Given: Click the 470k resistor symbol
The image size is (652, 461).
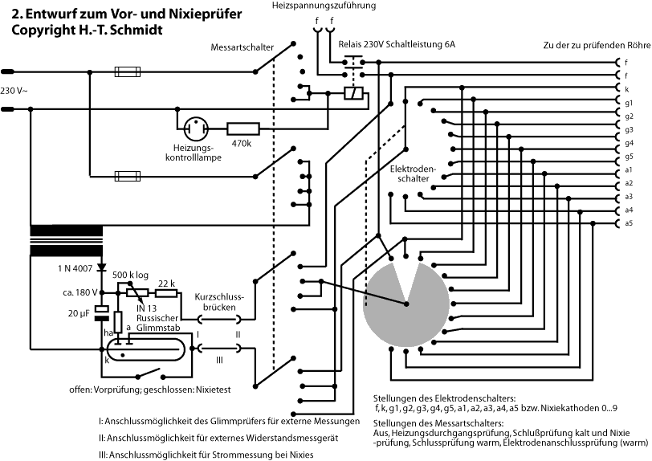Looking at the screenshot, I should [243, 127].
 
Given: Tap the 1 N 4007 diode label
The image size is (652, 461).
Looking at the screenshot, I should [76, 267].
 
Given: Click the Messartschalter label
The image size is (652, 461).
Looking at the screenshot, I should [240, 46].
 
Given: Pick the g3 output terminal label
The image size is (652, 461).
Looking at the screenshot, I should [629, 129].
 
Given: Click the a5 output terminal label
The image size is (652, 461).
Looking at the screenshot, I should [629, 222].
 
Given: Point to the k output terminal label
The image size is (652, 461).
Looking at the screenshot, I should [626, 88].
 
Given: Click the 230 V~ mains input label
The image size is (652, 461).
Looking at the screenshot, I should [15, 90].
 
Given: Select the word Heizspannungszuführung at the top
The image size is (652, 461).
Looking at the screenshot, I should [326, 6].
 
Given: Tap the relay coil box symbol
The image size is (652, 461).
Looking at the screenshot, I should [351, 94].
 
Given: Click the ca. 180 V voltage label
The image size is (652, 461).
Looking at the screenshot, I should [78, 292].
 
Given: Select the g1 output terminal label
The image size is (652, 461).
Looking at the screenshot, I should [629, 102].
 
